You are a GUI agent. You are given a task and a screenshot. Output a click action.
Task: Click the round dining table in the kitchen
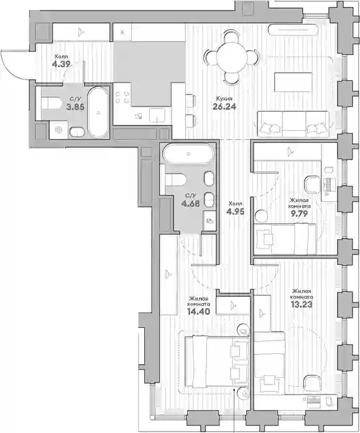(x=231, y=58)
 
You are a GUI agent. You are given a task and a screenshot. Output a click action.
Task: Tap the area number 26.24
(x=224, y=106)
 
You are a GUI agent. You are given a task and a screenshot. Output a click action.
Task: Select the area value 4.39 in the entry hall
(x=62, y=64)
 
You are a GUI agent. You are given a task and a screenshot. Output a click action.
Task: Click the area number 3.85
(x=75, y=107)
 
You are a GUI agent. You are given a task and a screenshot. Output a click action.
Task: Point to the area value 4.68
(x=190, y=204)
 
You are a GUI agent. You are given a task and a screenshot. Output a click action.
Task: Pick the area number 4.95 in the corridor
(x=236, y=211)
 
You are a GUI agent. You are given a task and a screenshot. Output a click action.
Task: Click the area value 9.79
(x=299, y=213)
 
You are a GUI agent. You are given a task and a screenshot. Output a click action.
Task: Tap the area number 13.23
(x=302, y=304)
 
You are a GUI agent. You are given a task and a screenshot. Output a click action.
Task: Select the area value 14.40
(x=198, y=311)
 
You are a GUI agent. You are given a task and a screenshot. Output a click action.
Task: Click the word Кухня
(x=224, y=99)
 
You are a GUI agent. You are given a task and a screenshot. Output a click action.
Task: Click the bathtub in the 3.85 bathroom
(x=98, y=112)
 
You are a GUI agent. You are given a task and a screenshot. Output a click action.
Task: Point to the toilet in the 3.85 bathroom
(x=52, y=103)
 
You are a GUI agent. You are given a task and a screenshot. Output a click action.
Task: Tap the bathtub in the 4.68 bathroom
(x=188, y=154)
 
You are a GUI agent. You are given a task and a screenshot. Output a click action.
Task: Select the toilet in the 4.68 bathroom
(x=175, y=180)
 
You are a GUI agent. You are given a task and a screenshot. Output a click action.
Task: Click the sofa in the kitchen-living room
(x=293, y=124)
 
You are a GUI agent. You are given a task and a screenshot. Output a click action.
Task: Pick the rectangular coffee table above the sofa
(x=293, y=82)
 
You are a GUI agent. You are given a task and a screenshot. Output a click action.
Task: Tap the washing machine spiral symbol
(x=58, y=130)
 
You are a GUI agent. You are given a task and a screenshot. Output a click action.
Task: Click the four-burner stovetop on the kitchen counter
(x=122, y=98)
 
